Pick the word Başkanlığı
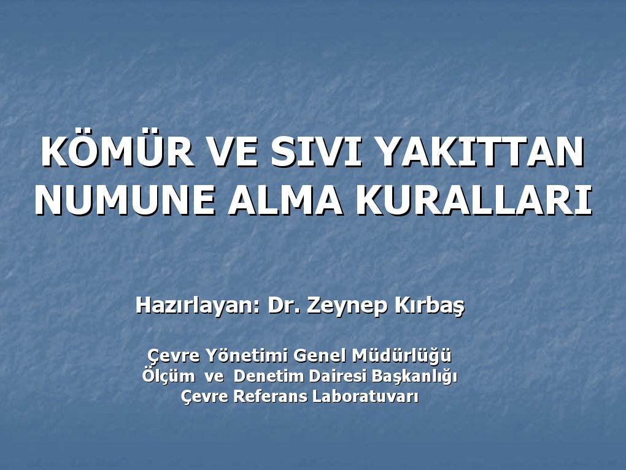tap(420, 376)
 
